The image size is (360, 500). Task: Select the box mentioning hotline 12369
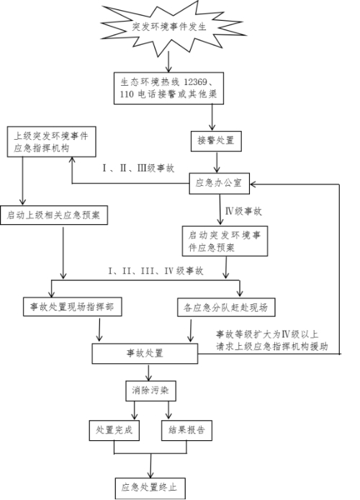(169, 88)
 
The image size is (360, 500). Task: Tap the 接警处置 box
(216, 141)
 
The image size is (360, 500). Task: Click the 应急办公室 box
(219, 183)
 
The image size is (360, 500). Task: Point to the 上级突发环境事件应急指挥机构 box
(52, 142)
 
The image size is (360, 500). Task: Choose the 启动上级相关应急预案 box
(54, 215)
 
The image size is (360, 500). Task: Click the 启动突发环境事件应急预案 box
(225, 241)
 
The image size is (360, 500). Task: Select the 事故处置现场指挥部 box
(72, 307)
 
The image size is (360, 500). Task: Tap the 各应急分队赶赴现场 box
(226, 308)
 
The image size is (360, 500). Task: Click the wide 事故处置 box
(145, 354)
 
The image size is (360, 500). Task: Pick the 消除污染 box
(150, 390)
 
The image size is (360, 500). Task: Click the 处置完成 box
(114, 431)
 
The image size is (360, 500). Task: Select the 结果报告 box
(186, 431)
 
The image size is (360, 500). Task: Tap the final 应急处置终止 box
(150, 488)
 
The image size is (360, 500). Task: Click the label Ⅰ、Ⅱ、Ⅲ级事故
(138, 168)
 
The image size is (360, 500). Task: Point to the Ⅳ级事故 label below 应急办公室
(243, 211)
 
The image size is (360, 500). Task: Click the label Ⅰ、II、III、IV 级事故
(156, 271)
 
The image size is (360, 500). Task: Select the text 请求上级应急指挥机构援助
(272, 347)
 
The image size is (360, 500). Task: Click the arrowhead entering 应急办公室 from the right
(253, 184)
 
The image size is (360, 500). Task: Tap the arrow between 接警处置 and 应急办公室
(217, 162)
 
